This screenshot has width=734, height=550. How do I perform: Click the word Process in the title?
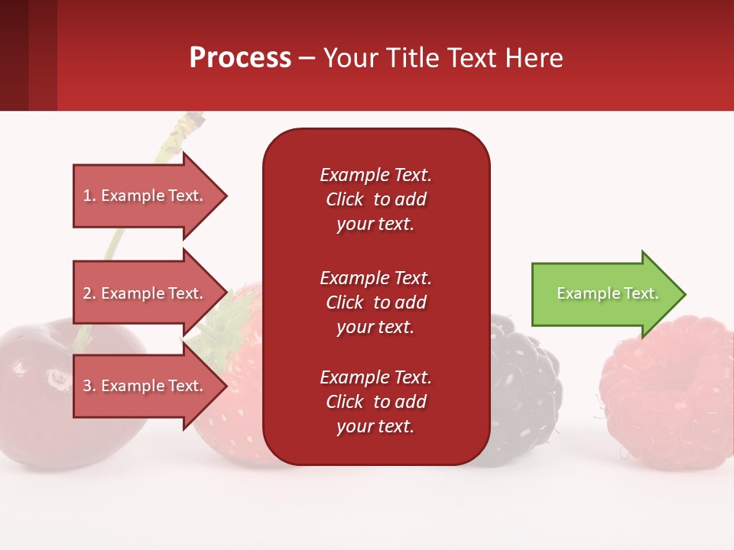coord(240,58)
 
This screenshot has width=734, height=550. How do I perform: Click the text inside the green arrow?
coord(607,293)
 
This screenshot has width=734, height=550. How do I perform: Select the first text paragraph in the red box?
coord(375,199)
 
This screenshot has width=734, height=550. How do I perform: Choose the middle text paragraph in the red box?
coord(375,302)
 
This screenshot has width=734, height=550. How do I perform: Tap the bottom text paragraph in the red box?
coord(375,402)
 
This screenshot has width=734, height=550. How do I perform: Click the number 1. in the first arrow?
coord(89,196)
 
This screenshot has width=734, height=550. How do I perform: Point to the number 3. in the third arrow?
coord(89,386)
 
